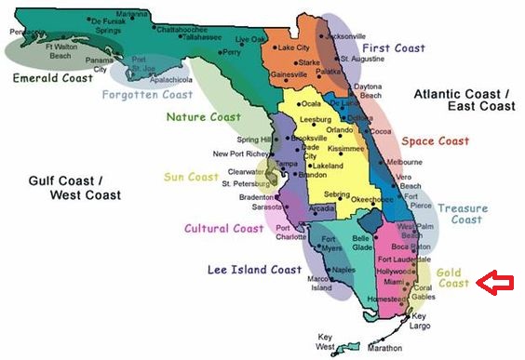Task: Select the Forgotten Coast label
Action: tap(147, 94)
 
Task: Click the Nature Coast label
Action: tap(203, 117)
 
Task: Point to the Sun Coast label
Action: tap(191, 177)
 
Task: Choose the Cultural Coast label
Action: tap(224, 228)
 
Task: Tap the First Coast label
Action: tap(394, 47)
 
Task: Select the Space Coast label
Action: tap(435, 141)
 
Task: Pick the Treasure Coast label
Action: tap(463, 214)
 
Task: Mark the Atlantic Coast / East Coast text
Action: tap(463, 100)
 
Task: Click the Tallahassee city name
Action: tap(201, 37)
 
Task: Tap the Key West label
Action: tap(325, 341)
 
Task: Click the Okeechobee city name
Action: tap(375, 198)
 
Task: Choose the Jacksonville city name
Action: tap(347, 35)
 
